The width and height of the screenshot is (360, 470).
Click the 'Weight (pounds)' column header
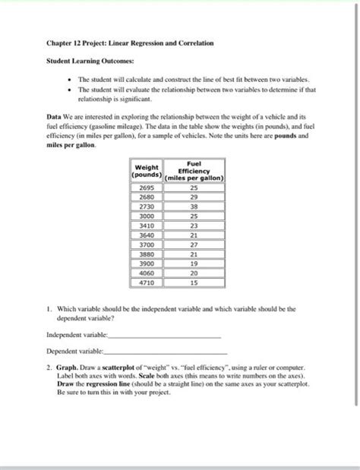pyautogui.click(x=146, y=172)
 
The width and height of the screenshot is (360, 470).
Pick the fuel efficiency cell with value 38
pyautogui.click(x=193, y=206)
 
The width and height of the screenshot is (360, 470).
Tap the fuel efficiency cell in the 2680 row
pyautogui.click(x=193, y=196)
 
